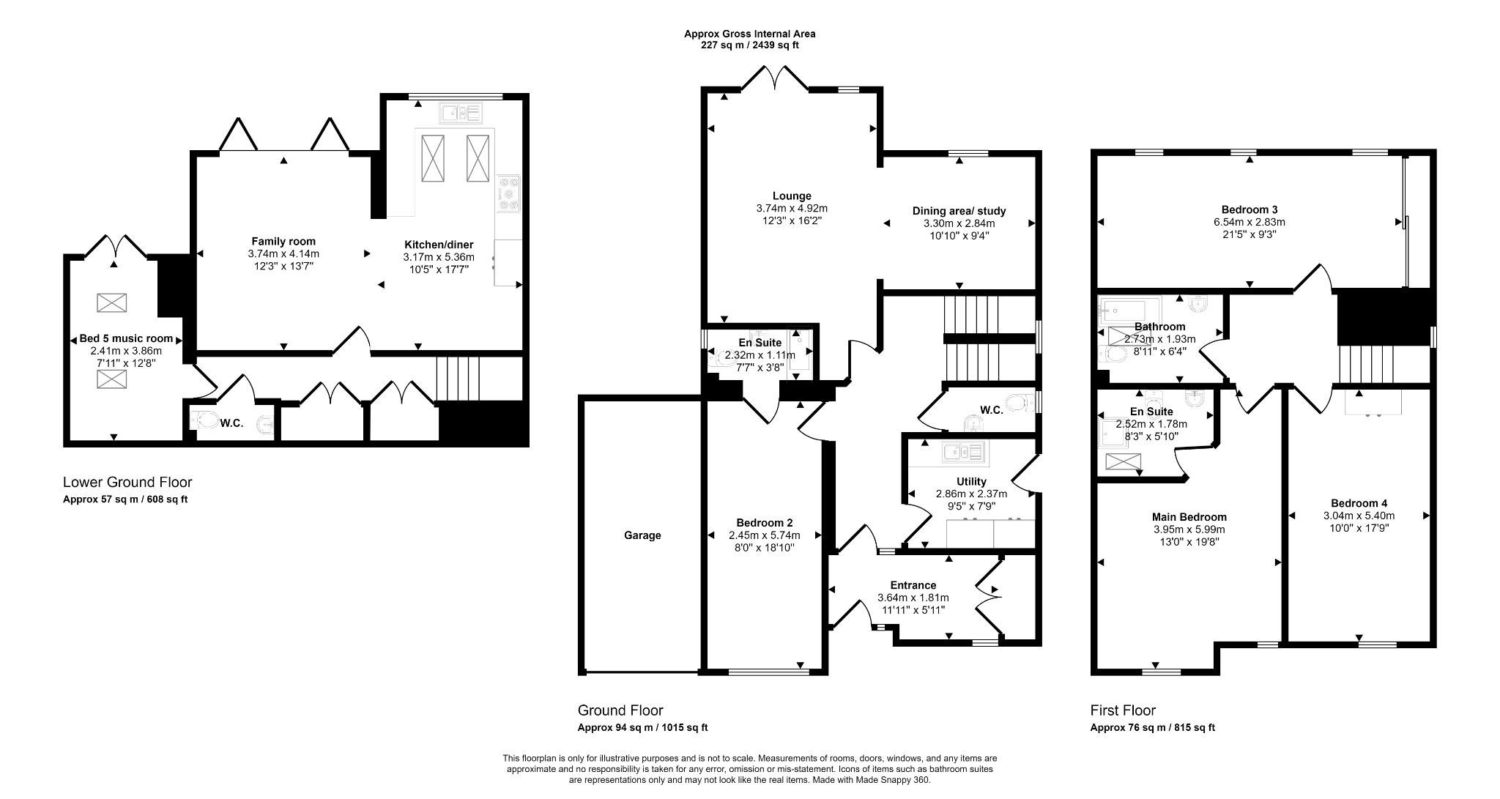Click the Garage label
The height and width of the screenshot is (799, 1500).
point(642,535)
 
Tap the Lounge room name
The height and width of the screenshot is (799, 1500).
point(792,196)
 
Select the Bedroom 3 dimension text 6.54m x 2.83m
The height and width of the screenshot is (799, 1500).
point(1249,222)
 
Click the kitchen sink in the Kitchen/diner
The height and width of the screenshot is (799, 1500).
point(460,114)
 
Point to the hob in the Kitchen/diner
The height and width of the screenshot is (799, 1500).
point(508,194)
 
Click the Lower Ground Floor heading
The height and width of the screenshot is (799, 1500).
point(127,482)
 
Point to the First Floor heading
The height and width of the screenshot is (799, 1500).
point(1123,710)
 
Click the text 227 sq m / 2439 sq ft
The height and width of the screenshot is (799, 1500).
point(749,45)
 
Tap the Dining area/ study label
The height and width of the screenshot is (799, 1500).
point(959,211)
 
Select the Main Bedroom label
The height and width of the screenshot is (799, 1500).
point(1189,517)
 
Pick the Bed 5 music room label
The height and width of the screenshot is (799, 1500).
point(126,338)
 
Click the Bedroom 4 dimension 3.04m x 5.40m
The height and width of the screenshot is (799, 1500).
point(1359,516)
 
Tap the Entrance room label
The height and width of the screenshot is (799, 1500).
point(913,585)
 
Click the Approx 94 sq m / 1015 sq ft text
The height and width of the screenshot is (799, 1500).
point(642,728)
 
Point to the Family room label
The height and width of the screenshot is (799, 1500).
point(283,241)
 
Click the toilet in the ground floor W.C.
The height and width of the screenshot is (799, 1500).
point(1016,402)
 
